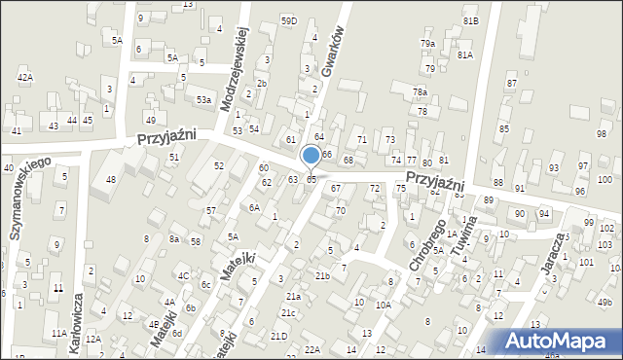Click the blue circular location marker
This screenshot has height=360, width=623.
pyautogui.click(x=311, y=155)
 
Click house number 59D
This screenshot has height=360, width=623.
pyautogui.click(x=288, y=20)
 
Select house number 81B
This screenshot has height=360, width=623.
pyautogui.click(x=470, y=20)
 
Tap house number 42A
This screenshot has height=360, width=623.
pyautogui.click(x=24, y=77)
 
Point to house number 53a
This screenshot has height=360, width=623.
pyautogui.click(x=203, y=99)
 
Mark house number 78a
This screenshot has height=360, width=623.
pyautogui.click(x=420, y=91)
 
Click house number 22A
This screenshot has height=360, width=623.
pyautogui.click(x=311, y=348)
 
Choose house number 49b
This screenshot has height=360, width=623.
pyautogui.click(x=605, y=304)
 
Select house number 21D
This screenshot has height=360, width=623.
pyautogui.click(x=279, y=336)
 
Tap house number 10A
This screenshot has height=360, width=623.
pyautogui.click(x=384, y=305)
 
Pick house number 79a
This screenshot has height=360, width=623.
pyautogui.click(x=427, y=44)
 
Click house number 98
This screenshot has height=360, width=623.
pyautogui.click(x=602, y=133)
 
